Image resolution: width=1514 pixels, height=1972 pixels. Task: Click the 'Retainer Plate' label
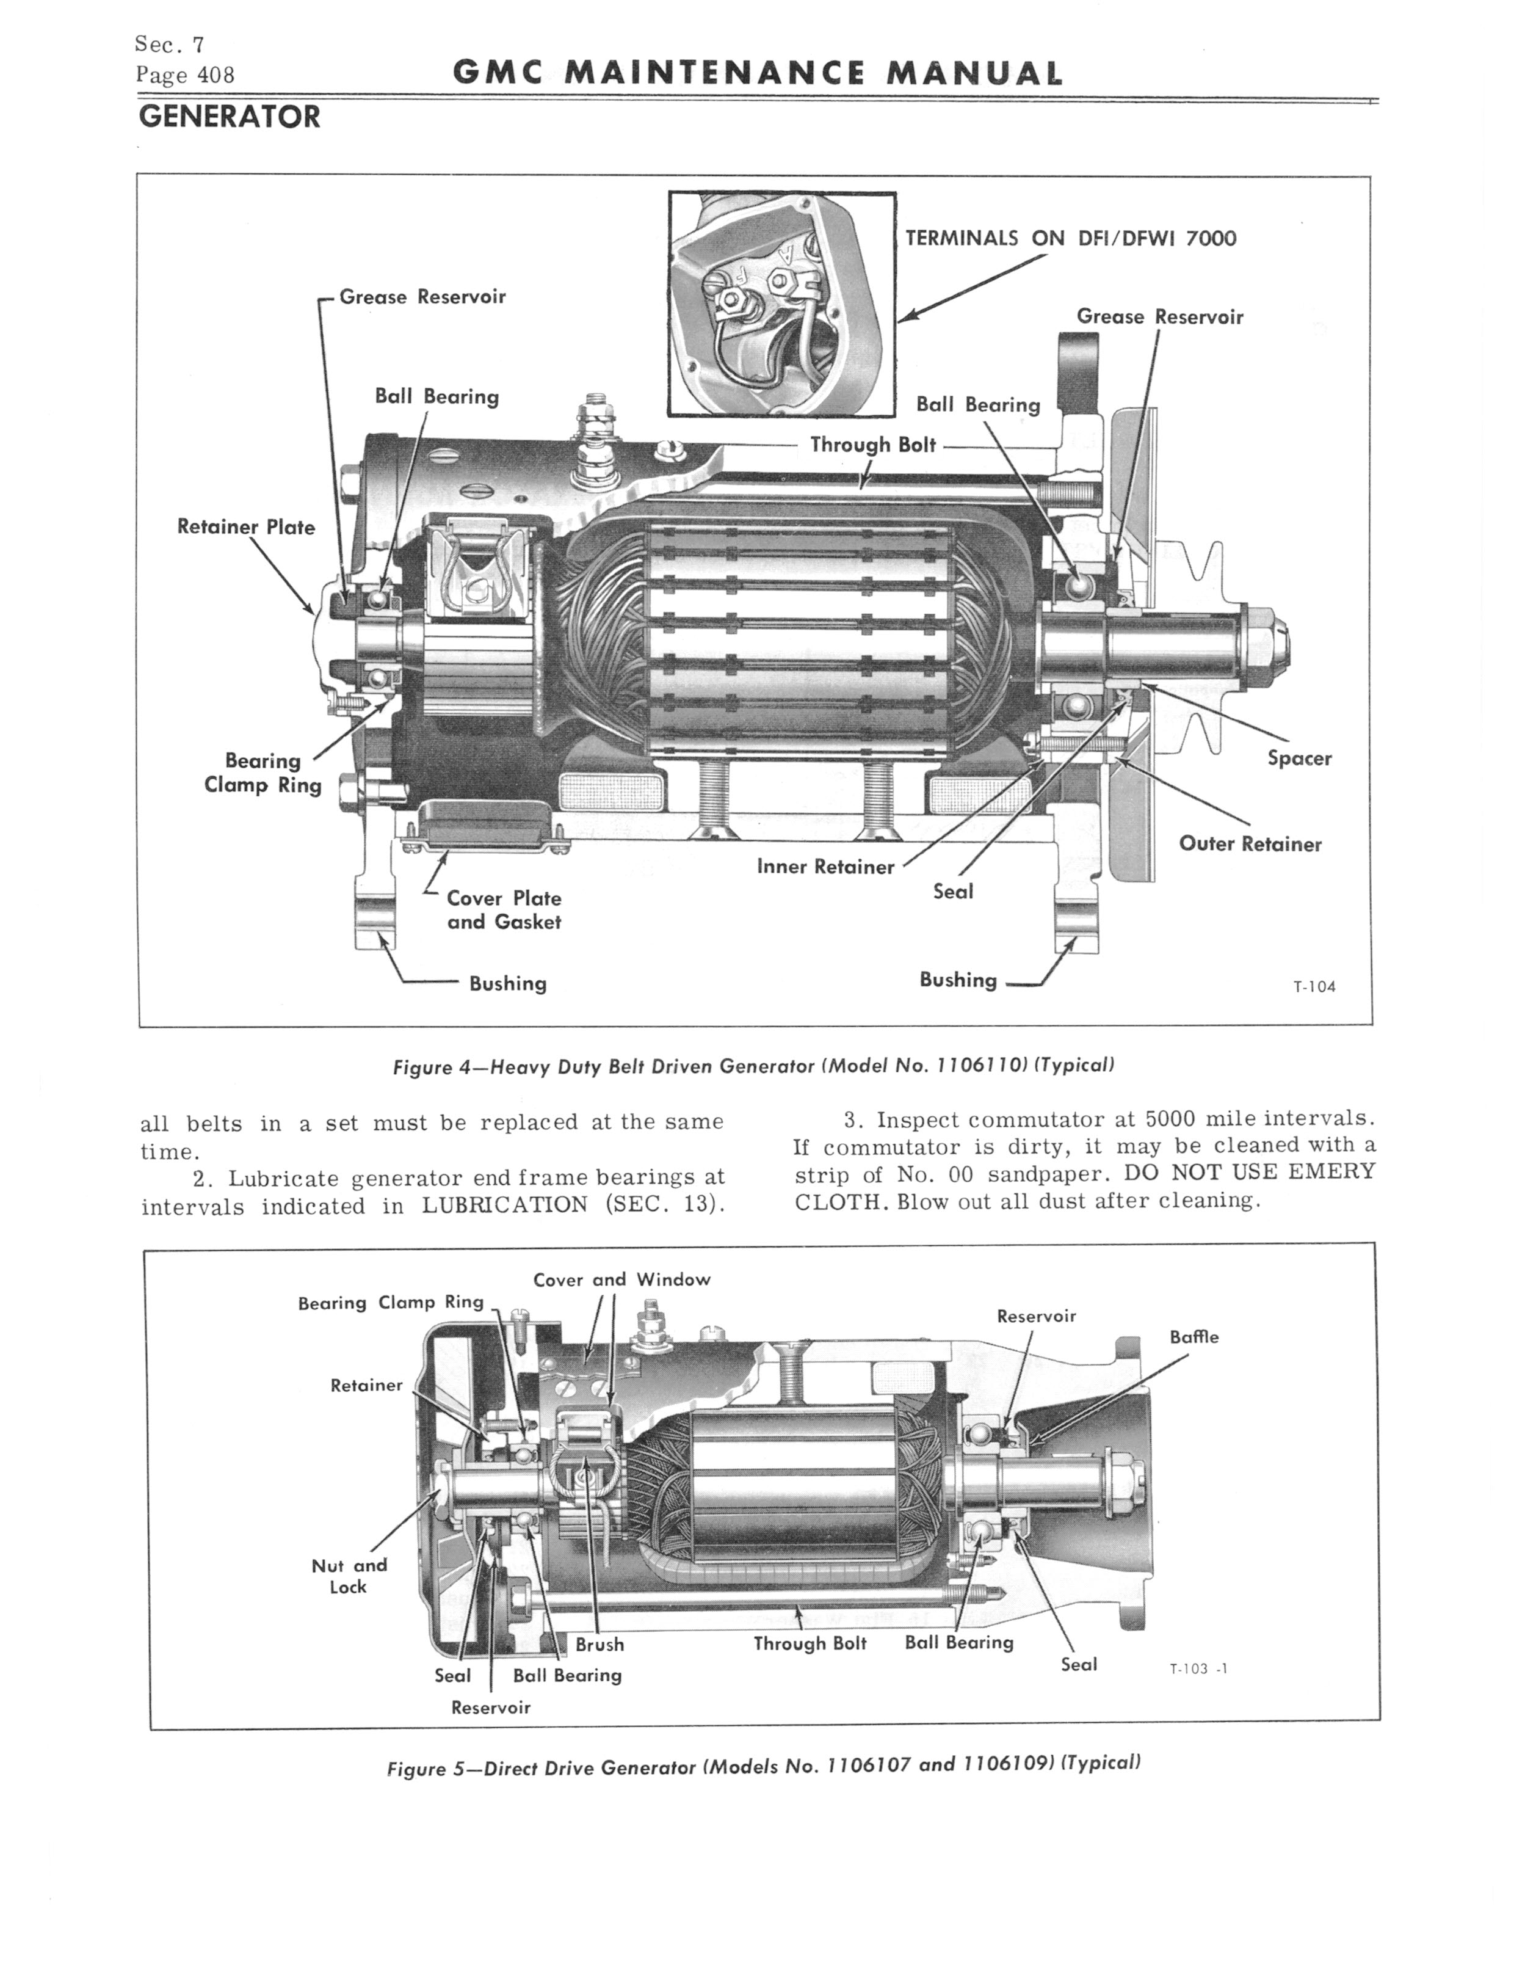pos(245,527)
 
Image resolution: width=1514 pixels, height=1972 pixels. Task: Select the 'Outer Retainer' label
pos(1250,845)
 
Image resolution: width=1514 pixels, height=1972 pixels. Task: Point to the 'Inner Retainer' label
pos(825,867)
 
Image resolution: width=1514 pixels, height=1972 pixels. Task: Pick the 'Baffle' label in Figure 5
pos(1193,1337)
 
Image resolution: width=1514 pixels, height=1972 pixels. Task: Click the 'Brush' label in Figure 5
pos(599,1645)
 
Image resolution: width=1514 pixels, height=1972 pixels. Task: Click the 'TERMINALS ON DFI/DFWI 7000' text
pos(1071,239)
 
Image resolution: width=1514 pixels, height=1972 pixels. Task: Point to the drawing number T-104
pos(1314,987)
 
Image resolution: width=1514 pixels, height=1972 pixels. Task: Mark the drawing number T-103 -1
pos(1198,1668)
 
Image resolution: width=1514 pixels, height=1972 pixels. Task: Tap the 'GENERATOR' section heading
pos(229,117)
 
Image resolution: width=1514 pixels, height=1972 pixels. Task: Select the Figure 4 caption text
pos(753,1066)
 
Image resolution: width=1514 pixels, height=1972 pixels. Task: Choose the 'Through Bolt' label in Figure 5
pos(810,1643)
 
